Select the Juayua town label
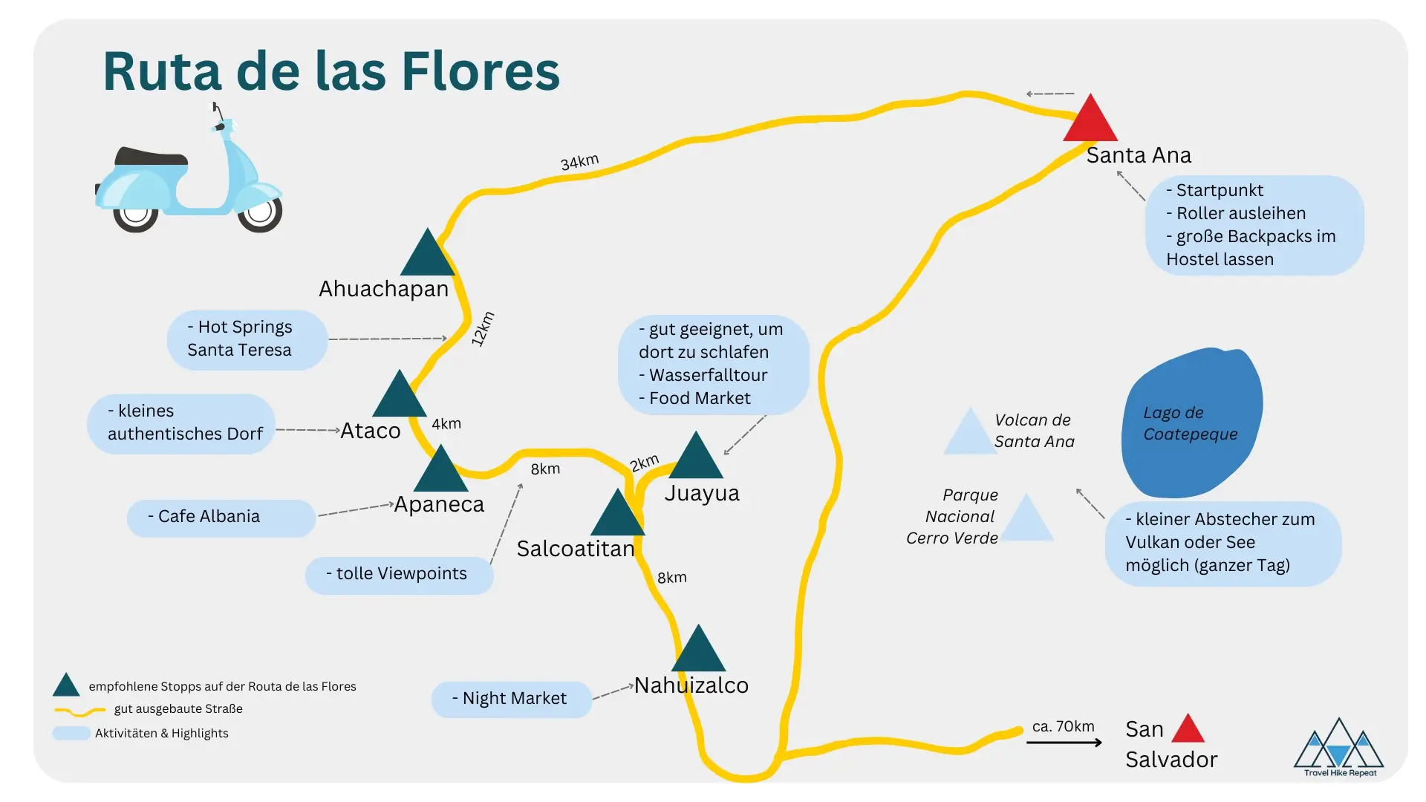pyautogui.click(x=702, y=493)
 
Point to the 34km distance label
pyautogui.click(x=579, y=162)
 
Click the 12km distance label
pyautogui.click(x=483, y=329)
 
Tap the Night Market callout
pyautogui.click(x=511, y=699)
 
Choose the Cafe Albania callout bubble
pyautogui.click(x=221, y=517)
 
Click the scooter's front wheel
pyautogui.click(x=259, y=212)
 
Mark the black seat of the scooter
pyautogui.click(x=151, y=157)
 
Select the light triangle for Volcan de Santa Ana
pyautogui.click(x=968, y=434)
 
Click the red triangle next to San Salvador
pyautogui.click(x=1188, y=730)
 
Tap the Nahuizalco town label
pyautogui.click(x=691, y=685)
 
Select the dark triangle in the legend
pyautogui.click(x=66, y=686)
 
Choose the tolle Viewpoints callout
pyautogui.click(x=399, y=574)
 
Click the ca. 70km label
pyautogui.click(x=1063, y=726)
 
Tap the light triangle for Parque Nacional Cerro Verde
pyautogui.click(x=1026, y=521)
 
